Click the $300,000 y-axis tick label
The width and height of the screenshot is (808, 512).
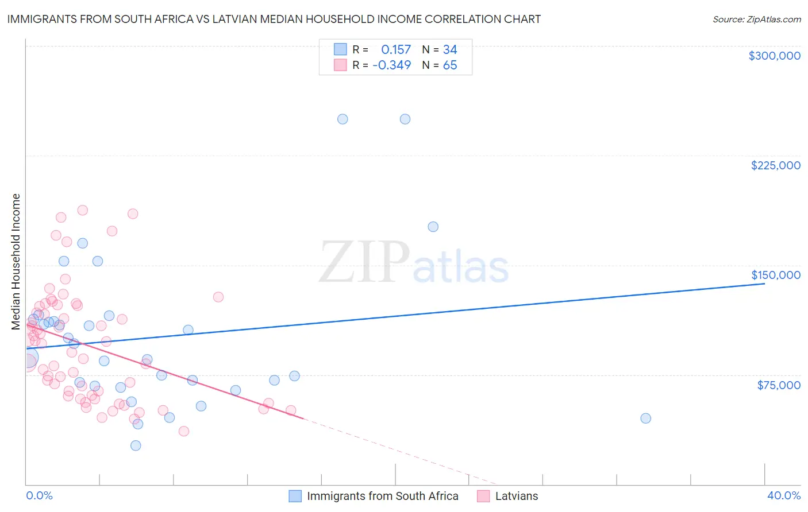point(774,56)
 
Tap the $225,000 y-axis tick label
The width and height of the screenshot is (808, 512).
point(775,165)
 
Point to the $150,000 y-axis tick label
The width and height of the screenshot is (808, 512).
point(775,275)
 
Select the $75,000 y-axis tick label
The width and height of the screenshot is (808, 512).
point(778,385)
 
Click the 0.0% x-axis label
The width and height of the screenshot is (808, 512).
point(39,495)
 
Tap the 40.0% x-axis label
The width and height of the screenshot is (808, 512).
point(783,495)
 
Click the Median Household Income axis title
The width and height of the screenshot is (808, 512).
point(16,262)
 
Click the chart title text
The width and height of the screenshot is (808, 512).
point(274,19)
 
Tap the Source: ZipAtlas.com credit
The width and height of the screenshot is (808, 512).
point(756,19)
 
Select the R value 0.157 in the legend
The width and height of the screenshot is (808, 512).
point(396,49)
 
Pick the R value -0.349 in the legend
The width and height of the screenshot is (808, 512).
point(391,65)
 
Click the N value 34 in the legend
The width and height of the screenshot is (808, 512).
point(449,49)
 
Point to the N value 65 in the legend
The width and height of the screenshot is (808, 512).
point(449,65)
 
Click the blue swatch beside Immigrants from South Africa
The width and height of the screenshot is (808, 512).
point(295,496)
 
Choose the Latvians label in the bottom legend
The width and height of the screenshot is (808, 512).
point(516,496)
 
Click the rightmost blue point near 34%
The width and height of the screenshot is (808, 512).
point(645,418)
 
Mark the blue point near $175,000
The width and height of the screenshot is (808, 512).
point(433,227)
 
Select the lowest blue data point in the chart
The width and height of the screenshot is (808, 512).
point(136,445)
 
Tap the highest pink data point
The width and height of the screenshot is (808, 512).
point(82,210)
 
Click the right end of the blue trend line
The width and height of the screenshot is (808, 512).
point(764,284)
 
